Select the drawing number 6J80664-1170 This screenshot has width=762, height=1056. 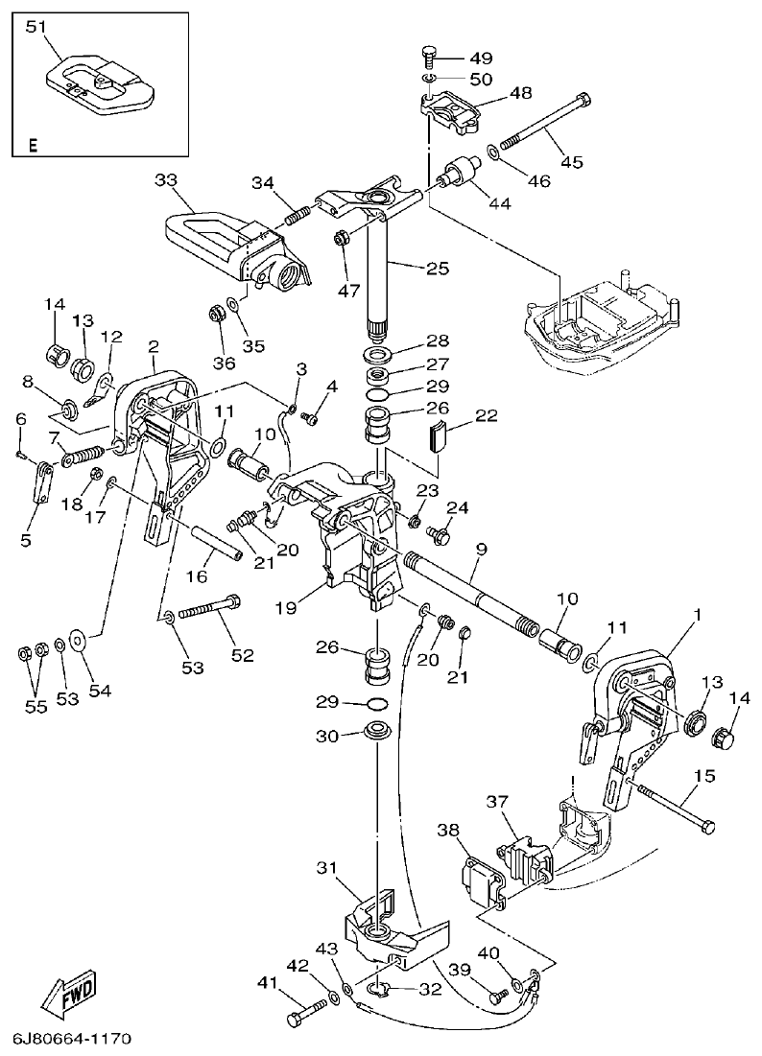point(73,1040)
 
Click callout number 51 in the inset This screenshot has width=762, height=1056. point(36,27)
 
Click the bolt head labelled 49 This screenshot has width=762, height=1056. point(430,52)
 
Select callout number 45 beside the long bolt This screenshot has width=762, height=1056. point(572,162)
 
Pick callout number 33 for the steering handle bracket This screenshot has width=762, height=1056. point(166,179)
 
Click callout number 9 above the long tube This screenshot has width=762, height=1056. point(481,550)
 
